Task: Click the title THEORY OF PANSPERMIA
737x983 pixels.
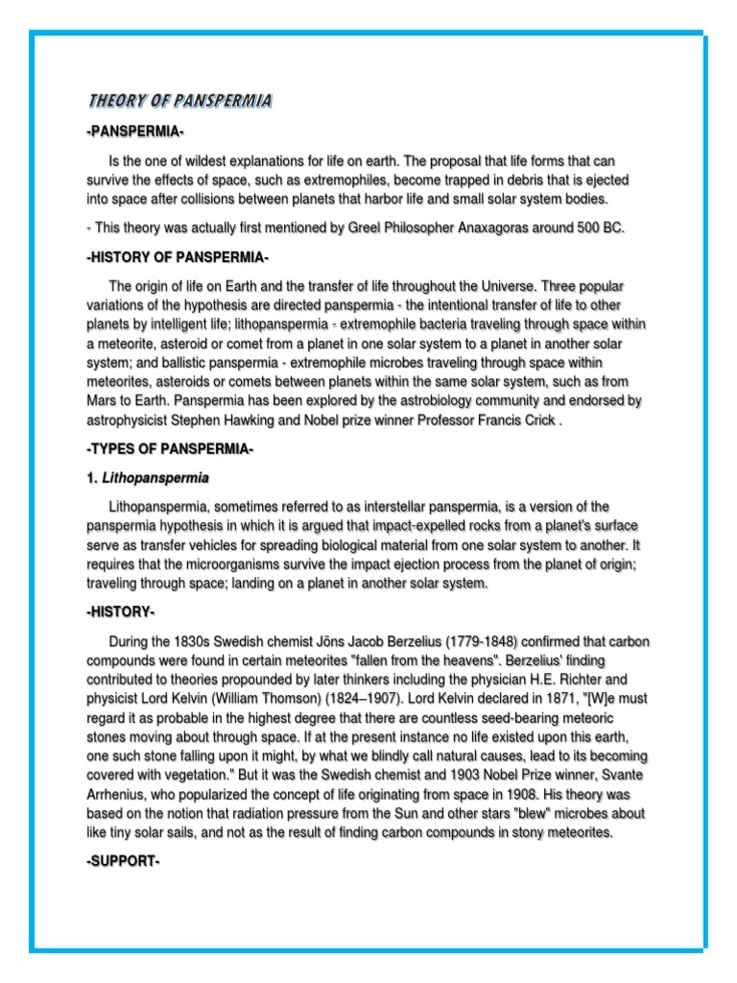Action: click(x=179, y=101)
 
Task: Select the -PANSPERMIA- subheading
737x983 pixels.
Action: click(x=135, y=132)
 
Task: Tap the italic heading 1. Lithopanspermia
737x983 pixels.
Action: click(x=148, y=477)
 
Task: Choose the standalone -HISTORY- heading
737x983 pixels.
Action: click(x=120, y=611)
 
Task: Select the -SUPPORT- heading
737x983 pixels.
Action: click(x=122, y=861)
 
